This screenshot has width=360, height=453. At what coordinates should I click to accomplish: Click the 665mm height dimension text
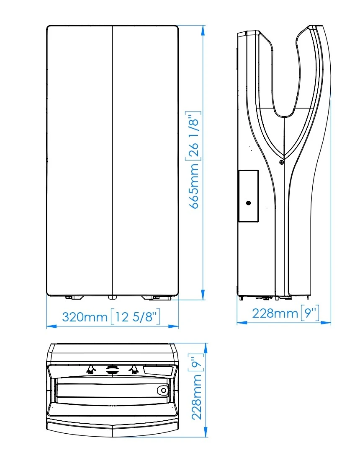click(195, 186)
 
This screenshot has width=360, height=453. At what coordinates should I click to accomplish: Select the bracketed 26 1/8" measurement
click(193, 136)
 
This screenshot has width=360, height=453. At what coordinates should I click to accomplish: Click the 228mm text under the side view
click(275, 313)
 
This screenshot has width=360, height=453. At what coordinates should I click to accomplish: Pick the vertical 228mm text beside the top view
click(197, 397)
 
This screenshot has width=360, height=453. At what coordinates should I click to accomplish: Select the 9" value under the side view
click(310, 313)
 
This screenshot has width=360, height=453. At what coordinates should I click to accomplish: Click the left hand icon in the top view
click(91, 370)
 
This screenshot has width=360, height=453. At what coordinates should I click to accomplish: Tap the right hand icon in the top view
click(134, 370)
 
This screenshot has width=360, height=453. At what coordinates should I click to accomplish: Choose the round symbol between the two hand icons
click(112, 370)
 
